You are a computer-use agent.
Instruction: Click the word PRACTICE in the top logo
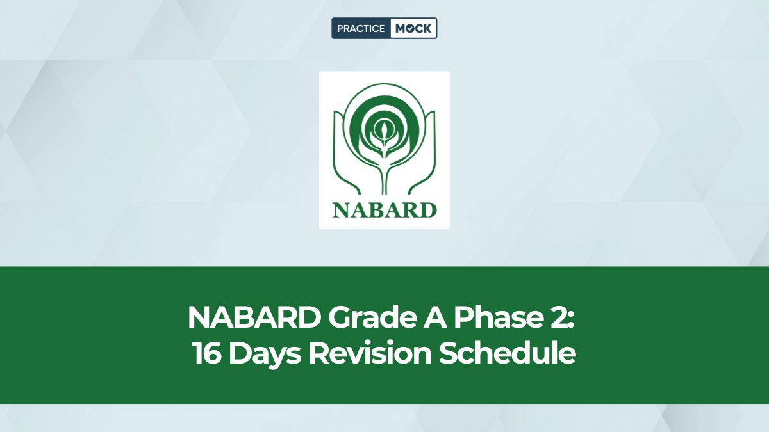(x=361, y=29)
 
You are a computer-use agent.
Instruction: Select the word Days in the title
(x=265, y=354)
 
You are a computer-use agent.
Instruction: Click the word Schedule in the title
(x=507, y=354)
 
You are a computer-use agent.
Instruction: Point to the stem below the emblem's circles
(x=384, y=176)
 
